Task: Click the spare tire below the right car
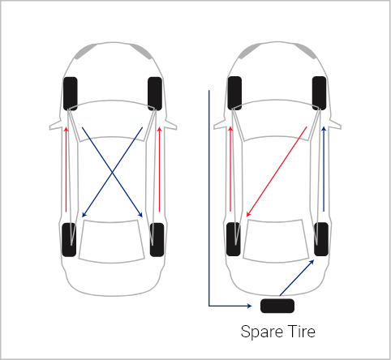click(x=277, y=306)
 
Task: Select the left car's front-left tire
click(x=71, y=94)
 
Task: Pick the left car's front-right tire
click(x=155, y=94)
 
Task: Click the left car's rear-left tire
click(x=69, y=240)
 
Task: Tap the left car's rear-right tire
click(x=157, y=240)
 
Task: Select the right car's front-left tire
click(x=234, y=93)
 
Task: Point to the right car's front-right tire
click(x=319, y=93)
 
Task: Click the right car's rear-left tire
click(x=233, y=239)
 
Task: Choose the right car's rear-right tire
click(x=321, y=239)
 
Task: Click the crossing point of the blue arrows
click(x=112, y=172)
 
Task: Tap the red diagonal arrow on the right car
click(x=277, y=172)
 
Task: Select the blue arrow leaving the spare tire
click(x=297, y=277)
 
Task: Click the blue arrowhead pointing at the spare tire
click(x=249, y=306)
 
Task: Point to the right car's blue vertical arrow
click(x=324, y=169)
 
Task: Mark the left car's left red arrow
click(x=66, y=169)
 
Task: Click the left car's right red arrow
click(x=159, y=169)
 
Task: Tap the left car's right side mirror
click(x=171, y=124)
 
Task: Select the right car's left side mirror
click(x=220, y=124)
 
